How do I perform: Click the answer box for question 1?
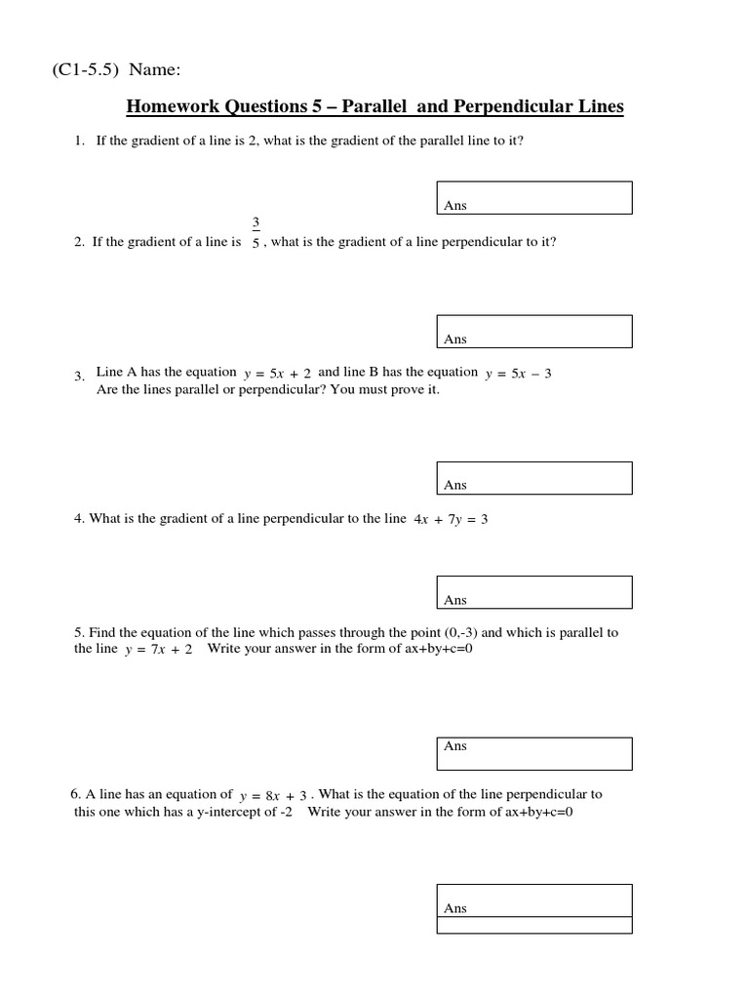click(x=534, y=197)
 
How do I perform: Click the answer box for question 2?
click(x=534, y=331)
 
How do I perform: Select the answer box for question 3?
click(x=534, y=478)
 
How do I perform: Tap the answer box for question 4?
click(x=534, y=592)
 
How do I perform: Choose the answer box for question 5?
click(x=534, y=752)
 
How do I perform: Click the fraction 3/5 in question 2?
click(x=256, y=234)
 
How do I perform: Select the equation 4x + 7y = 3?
click(x=451, y=520)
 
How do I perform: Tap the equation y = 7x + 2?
click(x=159, y=650)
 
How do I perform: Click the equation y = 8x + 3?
click(x=273, y=796)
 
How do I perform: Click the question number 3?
click(x=79, y=377)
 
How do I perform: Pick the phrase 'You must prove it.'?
click(x=390, y=390)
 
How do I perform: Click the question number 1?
click(x=79, y=141)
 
